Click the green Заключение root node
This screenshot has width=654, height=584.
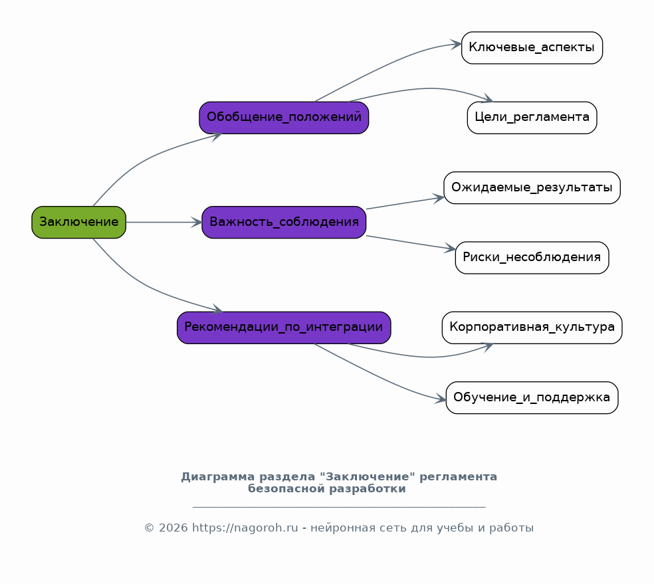pyautogui.click(x=79, y=222)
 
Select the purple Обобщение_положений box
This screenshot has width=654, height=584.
pyautogui.click(x=284, y=118)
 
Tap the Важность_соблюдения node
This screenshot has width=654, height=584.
pyautogui.click(x=284, y=222)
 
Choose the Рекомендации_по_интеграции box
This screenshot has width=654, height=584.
pyautogui.click(x=284, y=328)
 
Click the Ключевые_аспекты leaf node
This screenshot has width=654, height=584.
pyautogui.click(x=532, y=48)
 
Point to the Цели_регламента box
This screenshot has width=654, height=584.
pyautogui.click(x=532, y=118)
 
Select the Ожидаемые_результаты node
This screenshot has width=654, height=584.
pyautogui.click(x=532, y=187)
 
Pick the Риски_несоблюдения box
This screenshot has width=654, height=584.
pyautogui.click(x=532, y=258)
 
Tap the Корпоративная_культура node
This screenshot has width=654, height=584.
pyautogui.click(x=532, y=328)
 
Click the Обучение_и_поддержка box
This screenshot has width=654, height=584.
pyautogui.click(x=532, y=398)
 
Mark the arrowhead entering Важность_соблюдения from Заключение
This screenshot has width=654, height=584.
pyautogui.click(x=197, y=222)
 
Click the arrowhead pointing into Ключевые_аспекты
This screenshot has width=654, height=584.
pyautogui.click(x=457, y=45)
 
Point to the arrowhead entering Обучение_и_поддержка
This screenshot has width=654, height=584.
pyautogui.click(x=441, y=399)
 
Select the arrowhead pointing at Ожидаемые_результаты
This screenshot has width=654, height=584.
pyautogui.click(x=439, y=198)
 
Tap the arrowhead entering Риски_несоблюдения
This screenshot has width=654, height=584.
pyautogui.click(x=450, y=248)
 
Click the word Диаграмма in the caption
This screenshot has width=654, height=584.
pyautogui.click(x=218, y=477)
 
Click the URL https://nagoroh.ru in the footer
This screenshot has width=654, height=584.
pyautogui.click(x=245, y=528)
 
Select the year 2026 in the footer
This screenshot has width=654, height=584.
pyautogui.click(x=173, y=528)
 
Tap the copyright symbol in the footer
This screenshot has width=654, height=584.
pyautogui.click(x=150, y=528)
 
